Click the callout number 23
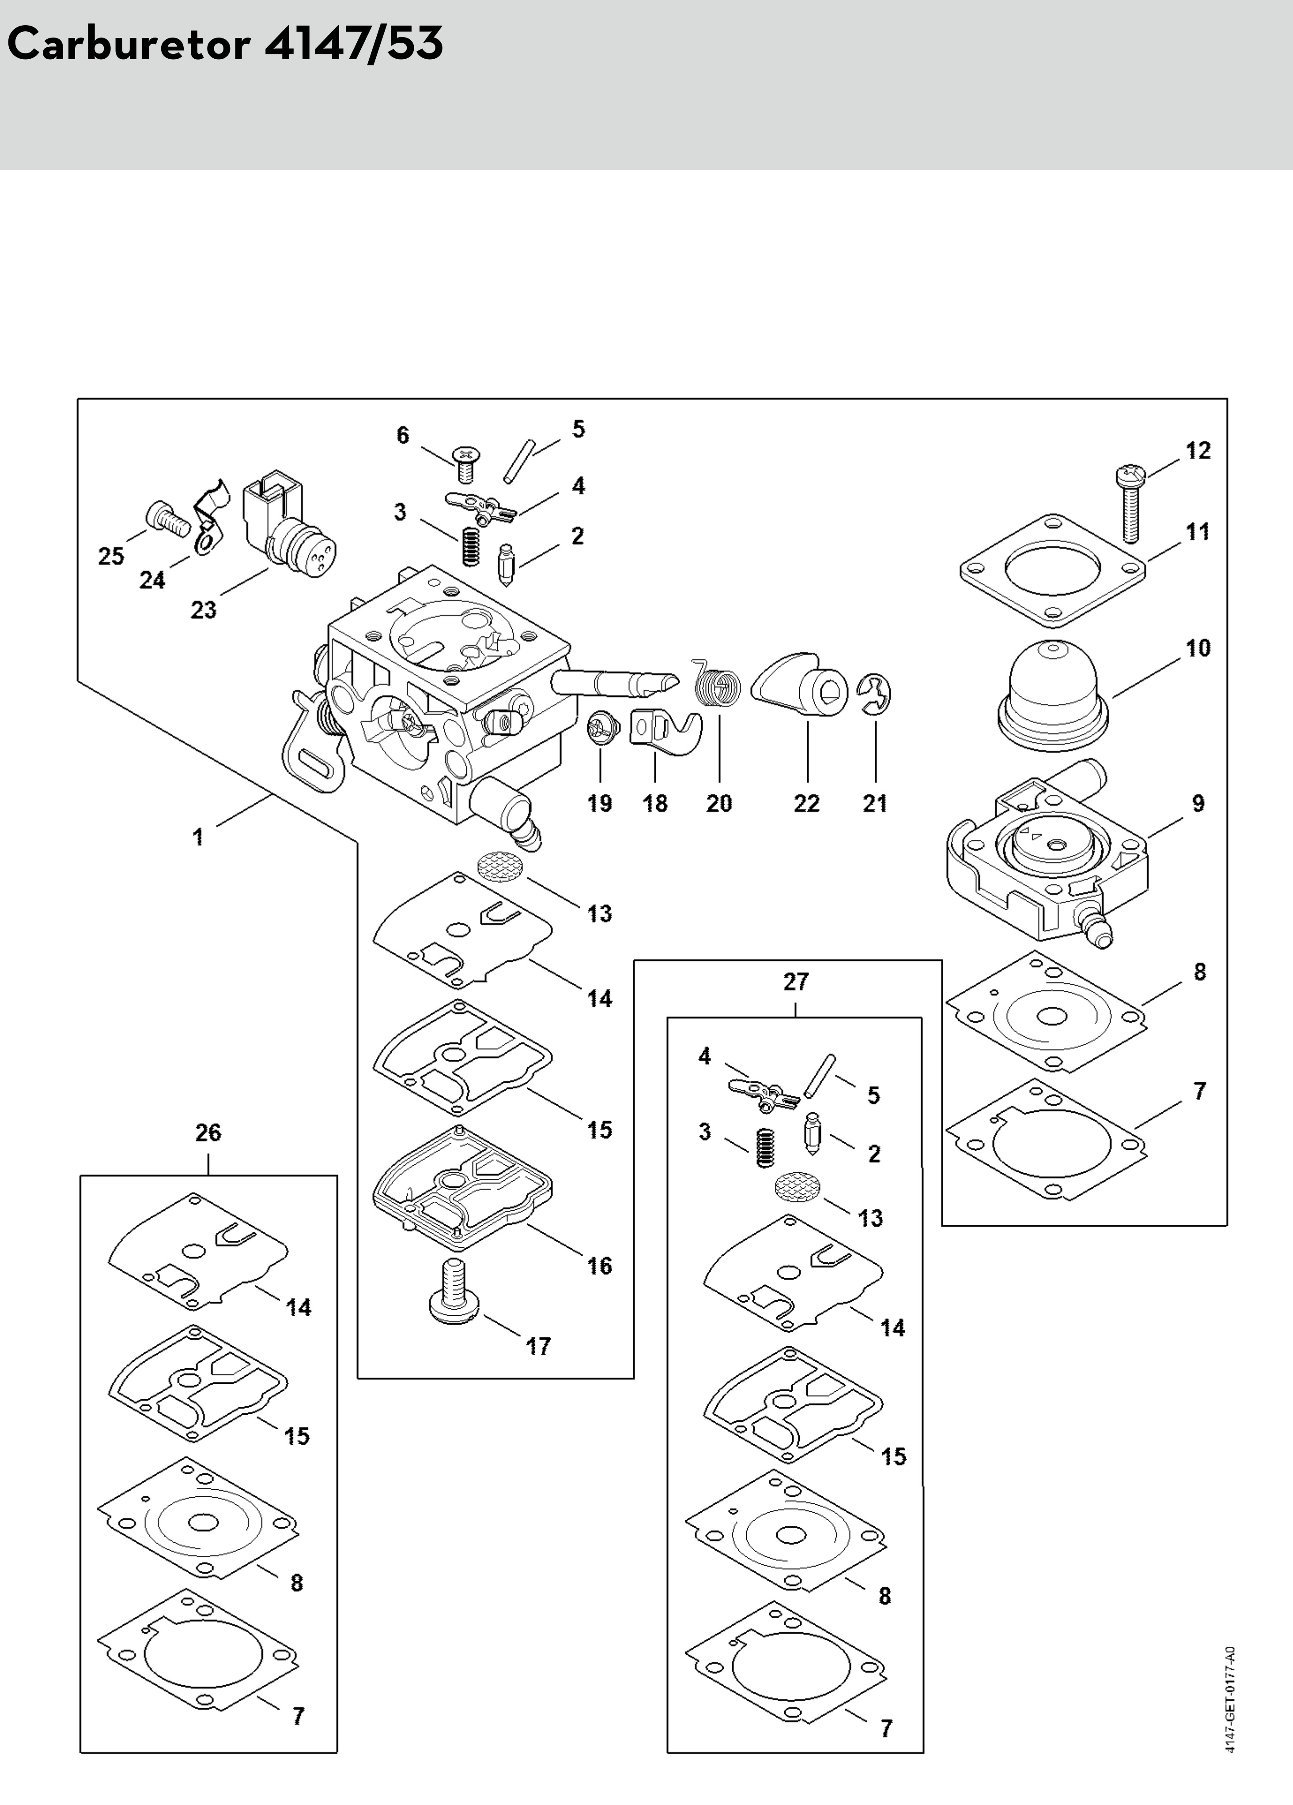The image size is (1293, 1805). (203, 610)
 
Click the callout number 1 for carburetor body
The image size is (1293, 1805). (197, 836)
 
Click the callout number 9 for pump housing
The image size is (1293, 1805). (1198, 804)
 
